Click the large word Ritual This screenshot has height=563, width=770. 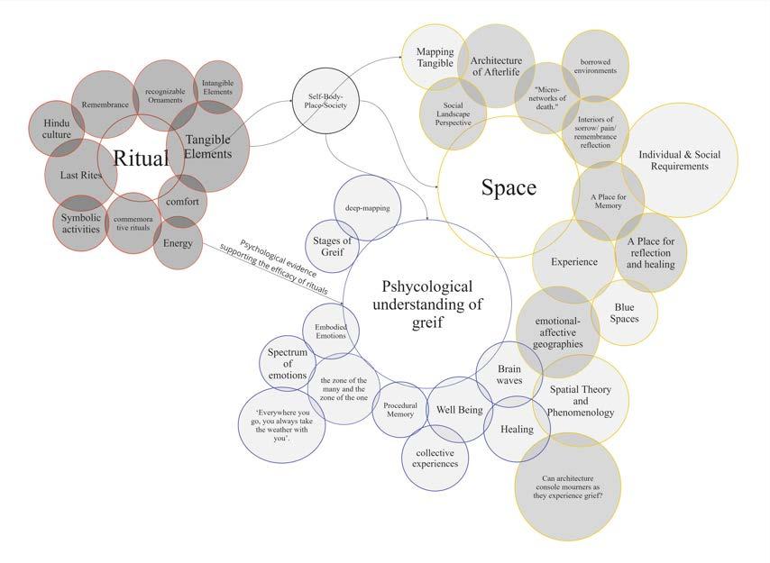point(141,159)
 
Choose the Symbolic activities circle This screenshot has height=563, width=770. point(81,222)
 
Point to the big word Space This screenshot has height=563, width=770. point(509,187)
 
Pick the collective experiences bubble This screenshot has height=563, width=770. point(436,458)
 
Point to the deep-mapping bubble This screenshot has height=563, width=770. point(367,207)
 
